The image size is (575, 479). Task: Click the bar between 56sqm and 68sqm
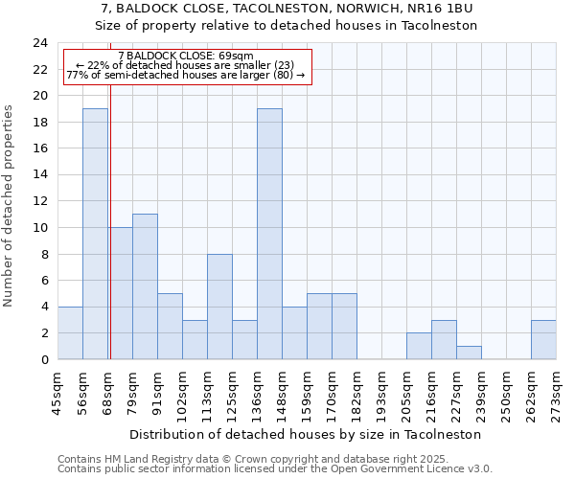click(95, 234)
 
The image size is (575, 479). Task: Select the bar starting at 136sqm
click(269, 234)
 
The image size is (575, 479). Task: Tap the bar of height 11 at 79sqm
click(145, 286)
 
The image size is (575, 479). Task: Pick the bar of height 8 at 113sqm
click(219, 307)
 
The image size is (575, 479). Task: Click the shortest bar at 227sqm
click(469, 353)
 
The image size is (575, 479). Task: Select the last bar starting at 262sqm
click(543, 340)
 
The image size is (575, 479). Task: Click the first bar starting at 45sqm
click(70, 333)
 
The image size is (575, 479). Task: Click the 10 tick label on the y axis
click(39, 228)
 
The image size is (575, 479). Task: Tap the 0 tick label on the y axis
click(43, 359)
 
